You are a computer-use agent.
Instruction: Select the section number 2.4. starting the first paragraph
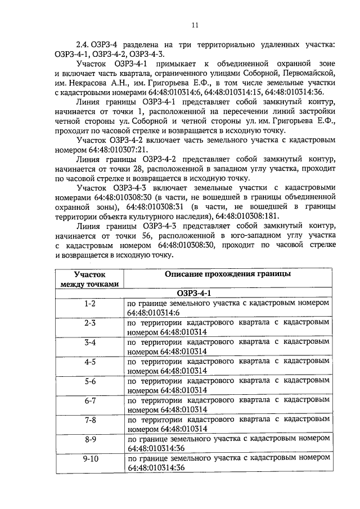[84, 44]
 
